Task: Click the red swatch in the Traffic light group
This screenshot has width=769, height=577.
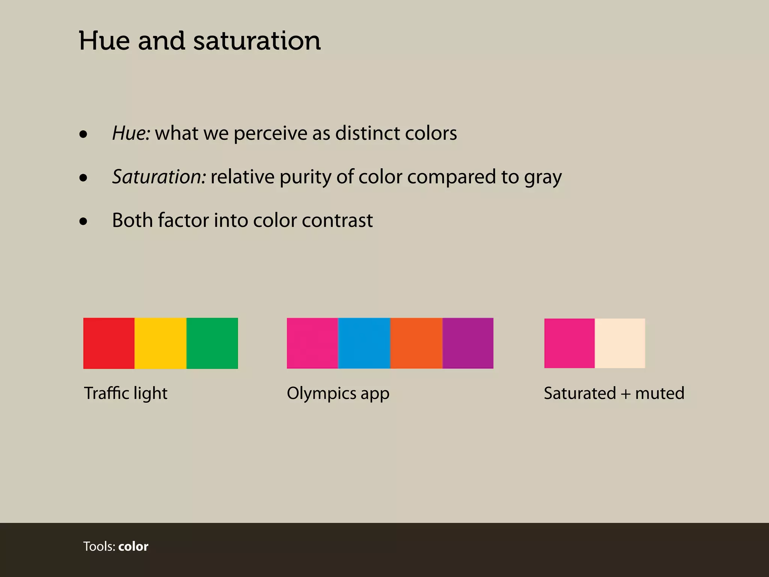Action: click(x=109, y=343)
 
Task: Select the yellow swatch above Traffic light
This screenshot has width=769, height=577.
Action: click(x=160, y=343)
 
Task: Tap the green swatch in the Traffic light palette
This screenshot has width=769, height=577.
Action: click(x=212, y=343)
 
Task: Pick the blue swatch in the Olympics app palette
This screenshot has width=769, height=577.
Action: click(x=364, y=343)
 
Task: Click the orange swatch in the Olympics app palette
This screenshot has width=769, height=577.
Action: click(x=416, y=343)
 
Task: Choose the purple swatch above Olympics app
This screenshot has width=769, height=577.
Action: click(x=468, y=343)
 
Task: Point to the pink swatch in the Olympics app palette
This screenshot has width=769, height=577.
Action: click(x=312, y=343)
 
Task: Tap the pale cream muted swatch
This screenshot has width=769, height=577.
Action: click(x=620, y=343)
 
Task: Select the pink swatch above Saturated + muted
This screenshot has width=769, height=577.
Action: click(x=570, y=343)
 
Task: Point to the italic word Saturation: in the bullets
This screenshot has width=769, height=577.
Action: click(x=159, y=177)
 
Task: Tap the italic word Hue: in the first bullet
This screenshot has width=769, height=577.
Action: click(x=131, y=133)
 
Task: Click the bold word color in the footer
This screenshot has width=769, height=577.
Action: click(x=133, y=547)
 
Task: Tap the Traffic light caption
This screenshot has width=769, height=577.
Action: click(x=126, y=394)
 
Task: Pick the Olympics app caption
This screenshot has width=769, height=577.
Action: click(x=338, y=394)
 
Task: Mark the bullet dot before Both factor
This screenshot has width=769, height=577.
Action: click(x=83, y=221)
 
